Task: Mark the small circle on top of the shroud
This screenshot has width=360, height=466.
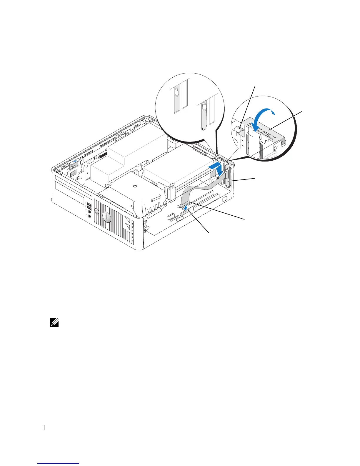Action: pyautogui.click(x=135, y=186)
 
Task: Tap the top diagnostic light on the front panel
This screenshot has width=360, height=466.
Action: pyautogui.click(x=133, y=223)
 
